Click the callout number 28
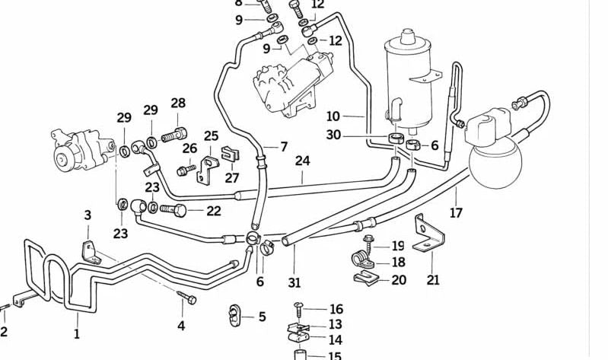[x=178, y=104]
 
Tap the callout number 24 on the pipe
[x=303, y=161]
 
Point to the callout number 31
[x=294, y=282]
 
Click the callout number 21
[x=433, y=279]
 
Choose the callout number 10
[x=333, y=116]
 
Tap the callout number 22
[x=213, y=211]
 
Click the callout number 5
[x=261, y=317]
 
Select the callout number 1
[x=76, y=333]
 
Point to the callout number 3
[x=88, y=215]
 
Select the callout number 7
[x=283, y=147]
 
